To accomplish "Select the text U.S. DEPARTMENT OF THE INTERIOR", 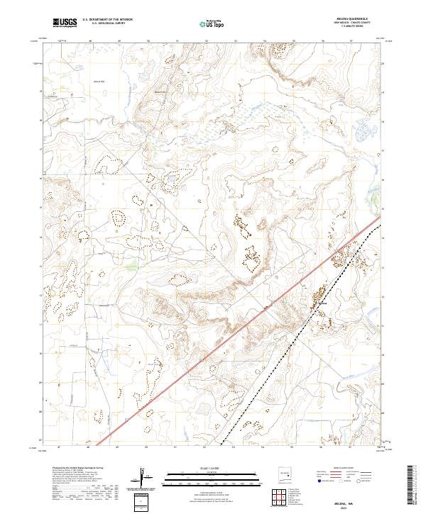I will tap(113, 21).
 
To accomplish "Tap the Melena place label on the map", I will tap(323, 303).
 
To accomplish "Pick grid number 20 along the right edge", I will tap(382, 64).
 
